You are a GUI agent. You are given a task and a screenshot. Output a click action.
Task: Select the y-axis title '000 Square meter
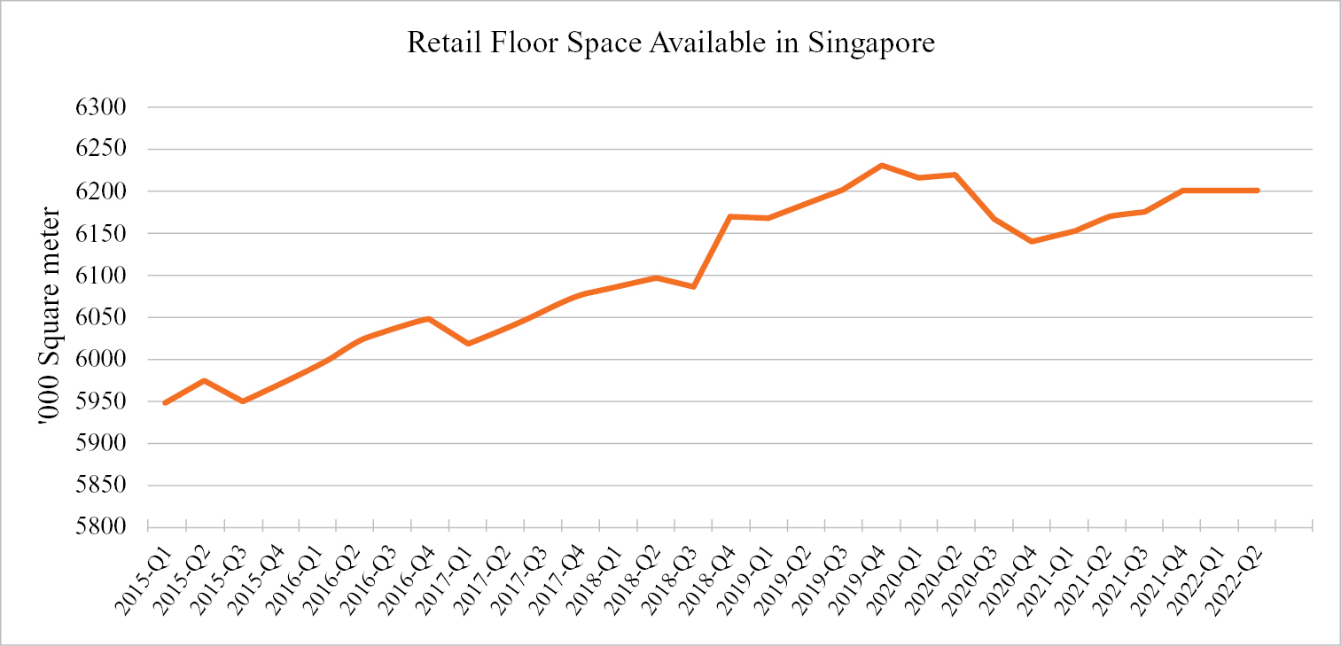pyautogui.click(x=51, y=319)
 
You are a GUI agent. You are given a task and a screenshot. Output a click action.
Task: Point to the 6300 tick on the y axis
pyautogui.click(x=105, y=107)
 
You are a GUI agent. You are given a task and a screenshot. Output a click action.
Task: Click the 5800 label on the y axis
pyautogui.click(x=105, y=527)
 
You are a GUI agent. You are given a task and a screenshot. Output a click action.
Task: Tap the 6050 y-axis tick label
pyautogui.click(x=105, y=317)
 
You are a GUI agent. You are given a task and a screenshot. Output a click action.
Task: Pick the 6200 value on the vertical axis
pyautogui.click(x=105, y=191)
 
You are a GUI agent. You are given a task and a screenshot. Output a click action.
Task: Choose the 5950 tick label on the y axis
pyautogui.click(x=105, y=401)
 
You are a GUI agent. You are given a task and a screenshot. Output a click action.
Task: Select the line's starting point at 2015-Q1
pyautogui.click(x=166, y=403)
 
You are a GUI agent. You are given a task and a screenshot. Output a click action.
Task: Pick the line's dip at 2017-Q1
pyautogui.click(x=467, y=343)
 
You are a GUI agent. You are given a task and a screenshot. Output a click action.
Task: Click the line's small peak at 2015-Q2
pyautogui.click(x=204, y=381)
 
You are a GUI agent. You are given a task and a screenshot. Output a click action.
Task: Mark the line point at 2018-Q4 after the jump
pyautogui.click(x=729, y=216)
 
